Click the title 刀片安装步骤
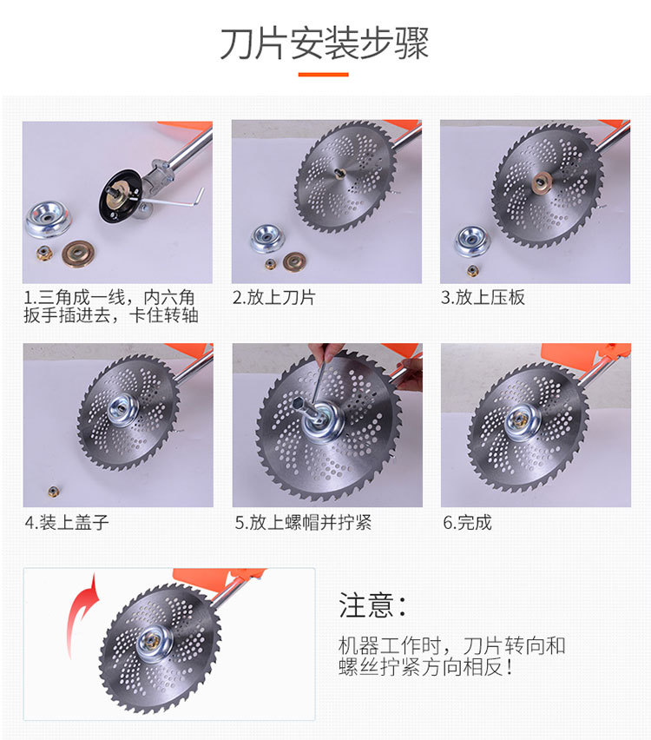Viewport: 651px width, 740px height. pyautogui.click(x=325, y=43)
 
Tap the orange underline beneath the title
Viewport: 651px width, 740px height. pyautogui.click(x=324, y=75)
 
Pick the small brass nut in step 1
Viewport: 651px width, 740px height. pyautogui.click(x=45, y=254)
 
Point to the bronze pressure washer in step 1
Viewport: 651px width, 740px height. pyautogui.click(x=76, y=254)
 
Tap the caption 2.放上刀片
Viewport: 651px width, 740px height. pyautogui.click(x=274, y=297)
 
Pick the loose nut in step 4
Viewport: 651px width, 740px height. pyautogui.click(x=53, y=492)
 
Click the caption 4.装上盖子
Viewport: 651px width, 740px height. pyautogui.click(x=67, y=523)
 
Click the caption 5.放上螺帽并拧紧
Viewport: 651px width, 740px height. pyautogui.click(x=303, y=523)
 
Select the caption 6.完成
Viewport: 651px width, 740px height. pyautogui.click(x=468, y=523)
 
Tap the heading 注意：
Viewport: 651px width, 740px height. pyautogui.click(x=372, y=605)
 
